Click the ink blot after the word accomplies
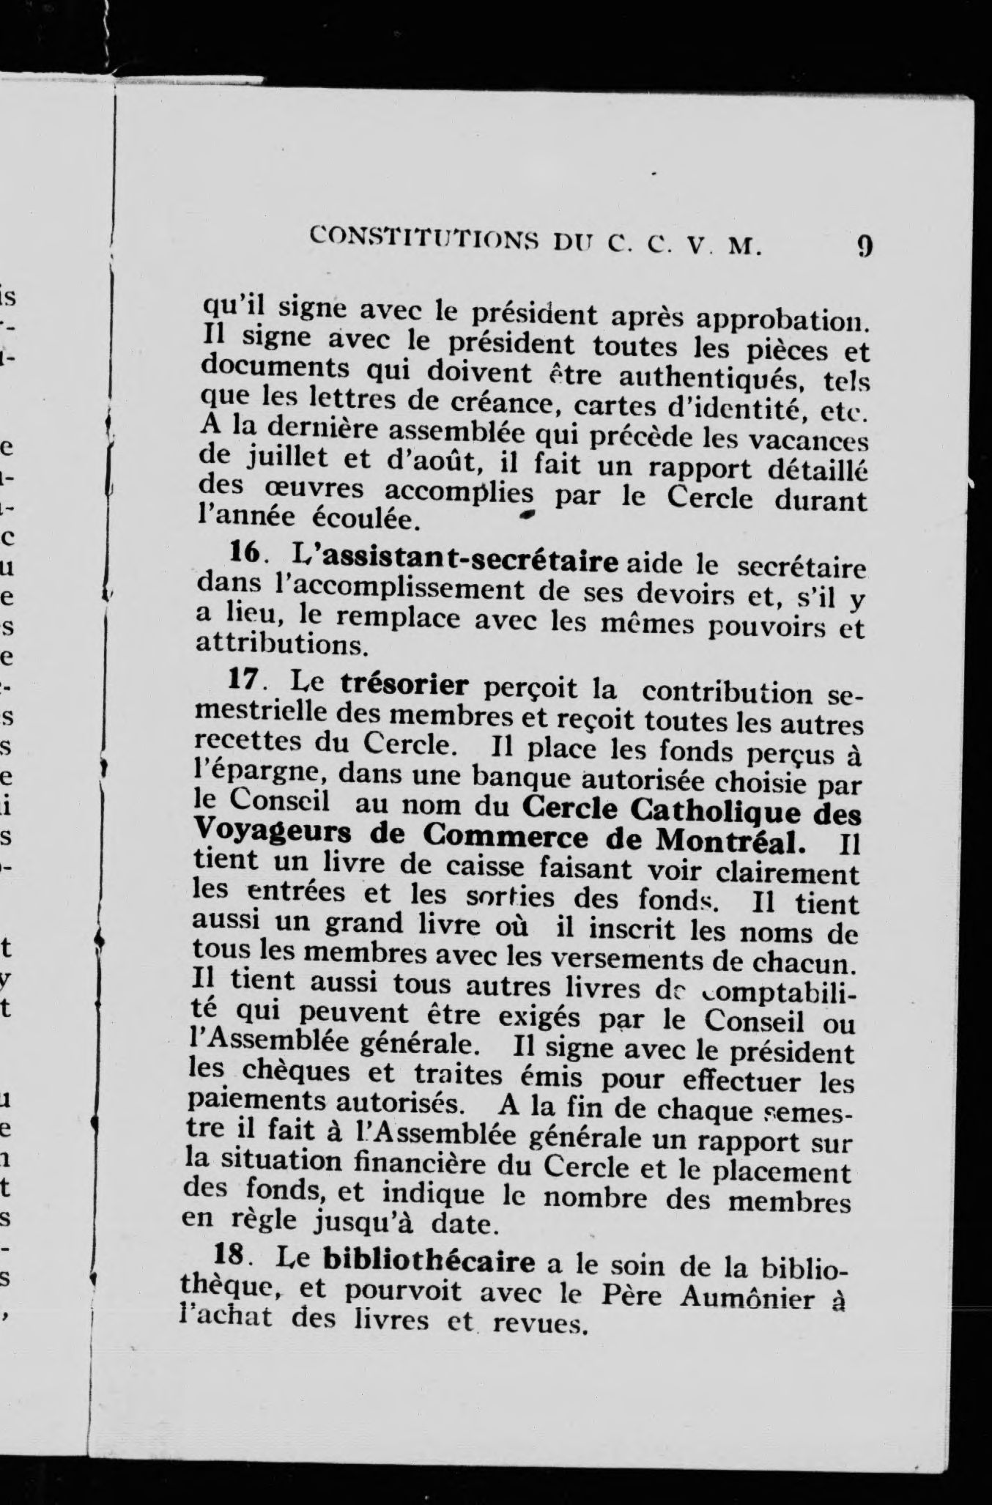point(525,517)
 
